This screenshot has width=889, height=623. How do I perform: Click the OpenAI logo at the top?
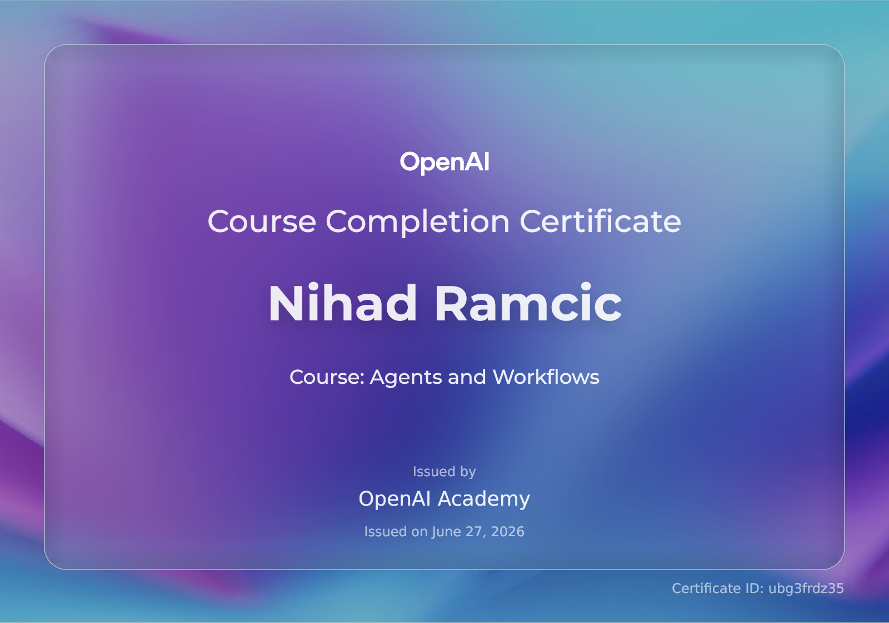[x=444, y=162]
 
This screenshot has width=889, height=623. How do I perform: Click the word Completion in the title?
[x=417, y=222]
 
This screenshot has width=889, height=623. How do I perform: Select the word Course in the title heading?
[x=262, y=221]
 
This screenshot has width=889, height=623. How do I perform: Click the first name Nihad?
[x=342, y=303]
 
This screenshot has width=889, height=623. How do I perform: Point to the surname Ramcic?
[x=528, y=303]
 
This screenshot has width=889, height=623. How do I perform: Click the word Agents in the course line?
[x=406, y=377]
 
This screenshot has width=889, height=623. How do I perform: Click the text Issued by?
[x=444, y=472]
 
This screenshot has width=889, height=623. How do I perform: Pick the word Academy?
[x=484, y=499]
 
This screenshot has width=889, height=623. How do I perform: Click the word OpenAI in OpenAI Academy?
[x=394, y=498]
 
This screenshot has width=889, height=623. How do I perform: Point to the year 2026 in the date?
[x=508, y=532]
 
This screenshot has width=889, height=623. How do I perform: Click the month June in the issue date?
[x=447, y=532]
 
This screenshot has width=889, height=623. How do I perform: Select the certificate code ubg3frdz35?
[x=806, y=589]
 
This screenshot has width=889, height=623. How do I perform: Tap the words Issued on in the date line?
[x=396, y=532]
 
